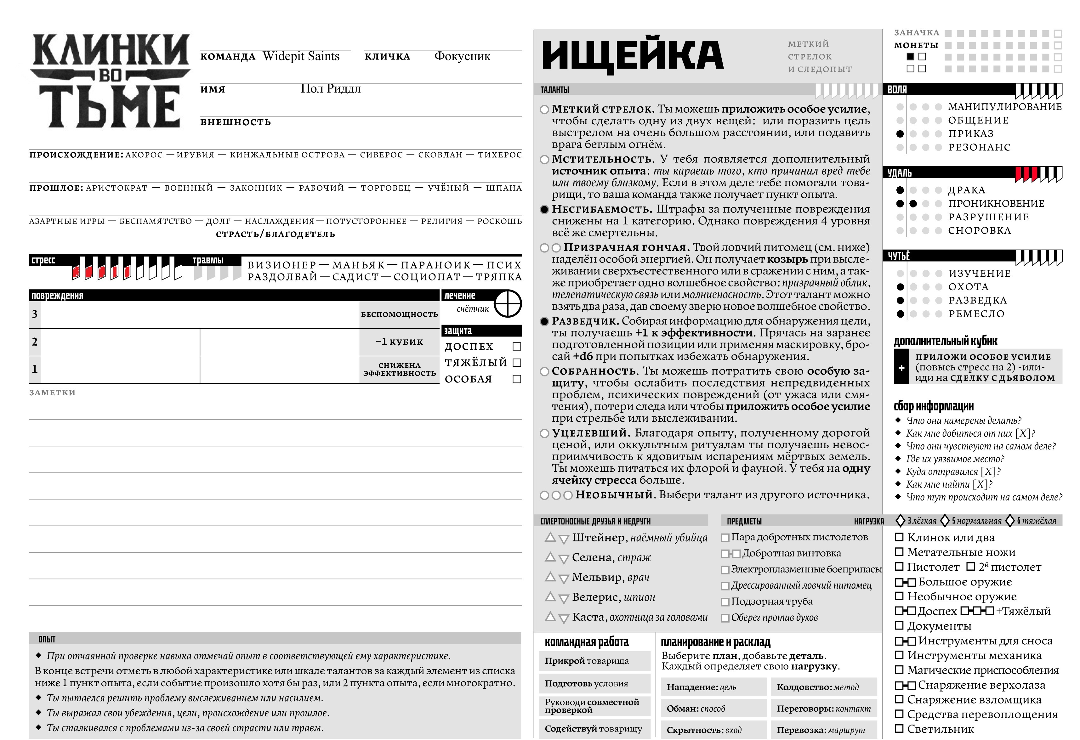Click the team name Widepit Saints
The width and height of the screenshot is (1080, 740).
coord(301,56)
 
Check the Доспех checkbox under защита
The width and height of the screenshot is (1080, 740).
coord(517,347)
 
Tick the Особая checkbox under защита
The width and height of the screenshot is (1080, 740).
coord(517,379)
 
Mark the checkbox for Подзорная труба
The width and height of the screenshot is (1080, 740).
coord(725,602)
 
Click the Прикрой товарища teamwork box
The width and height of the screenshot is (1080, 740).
coord(594,661)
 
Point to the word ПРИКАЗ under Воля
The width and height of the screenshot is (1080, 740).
coord(971,134)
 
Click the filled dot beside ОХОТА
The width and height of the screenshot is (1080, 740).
coord(900,287)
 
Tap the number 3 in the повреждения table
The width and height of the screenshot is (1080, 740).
coord(35,314)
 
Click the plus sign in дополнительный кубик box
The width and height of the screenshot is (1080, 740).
coord(901,368)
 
